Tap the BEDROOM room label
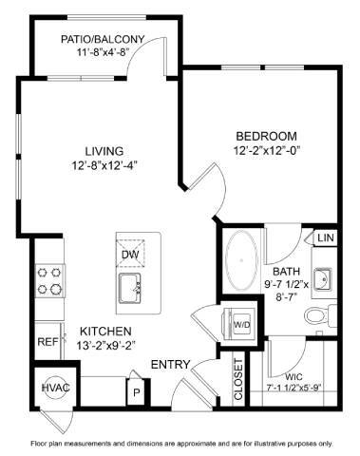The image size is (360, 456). (x=265, y=135)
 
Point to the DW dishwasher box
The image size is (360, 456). (x=130, y=254)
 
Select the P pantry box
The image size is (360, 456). (x=136, y=391)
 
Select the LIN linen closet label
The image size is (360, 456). (x=324, y=237)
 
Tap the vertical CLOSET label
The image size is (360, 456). (x=238, y=378)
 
